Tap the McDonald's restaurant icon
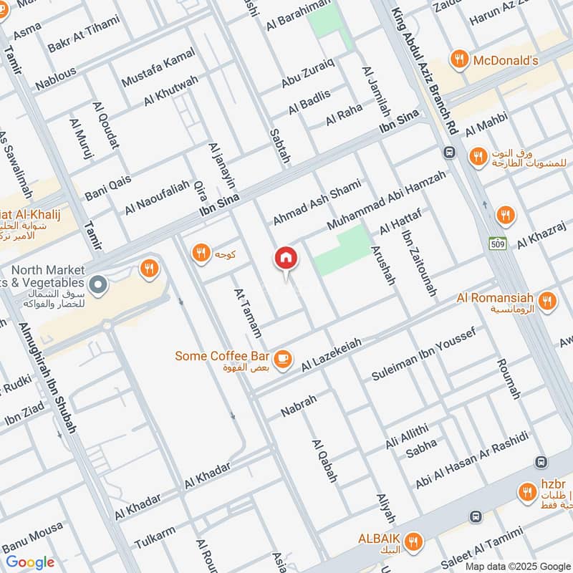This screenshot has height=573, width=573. pyautogui.click(x=459, y=60)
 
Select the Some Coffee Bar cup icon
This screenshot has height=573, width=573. pyautogui.click(x=283, y=357)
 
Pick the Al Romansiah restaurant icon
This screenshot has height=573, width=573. pyautogui.click(x=547, y=301)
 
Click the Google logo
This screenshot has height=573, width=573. pyautogui.click(x=30, y=562)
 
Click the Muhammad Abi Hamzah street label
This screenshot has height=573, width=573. pyautogui.click(x=386, y=200)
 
